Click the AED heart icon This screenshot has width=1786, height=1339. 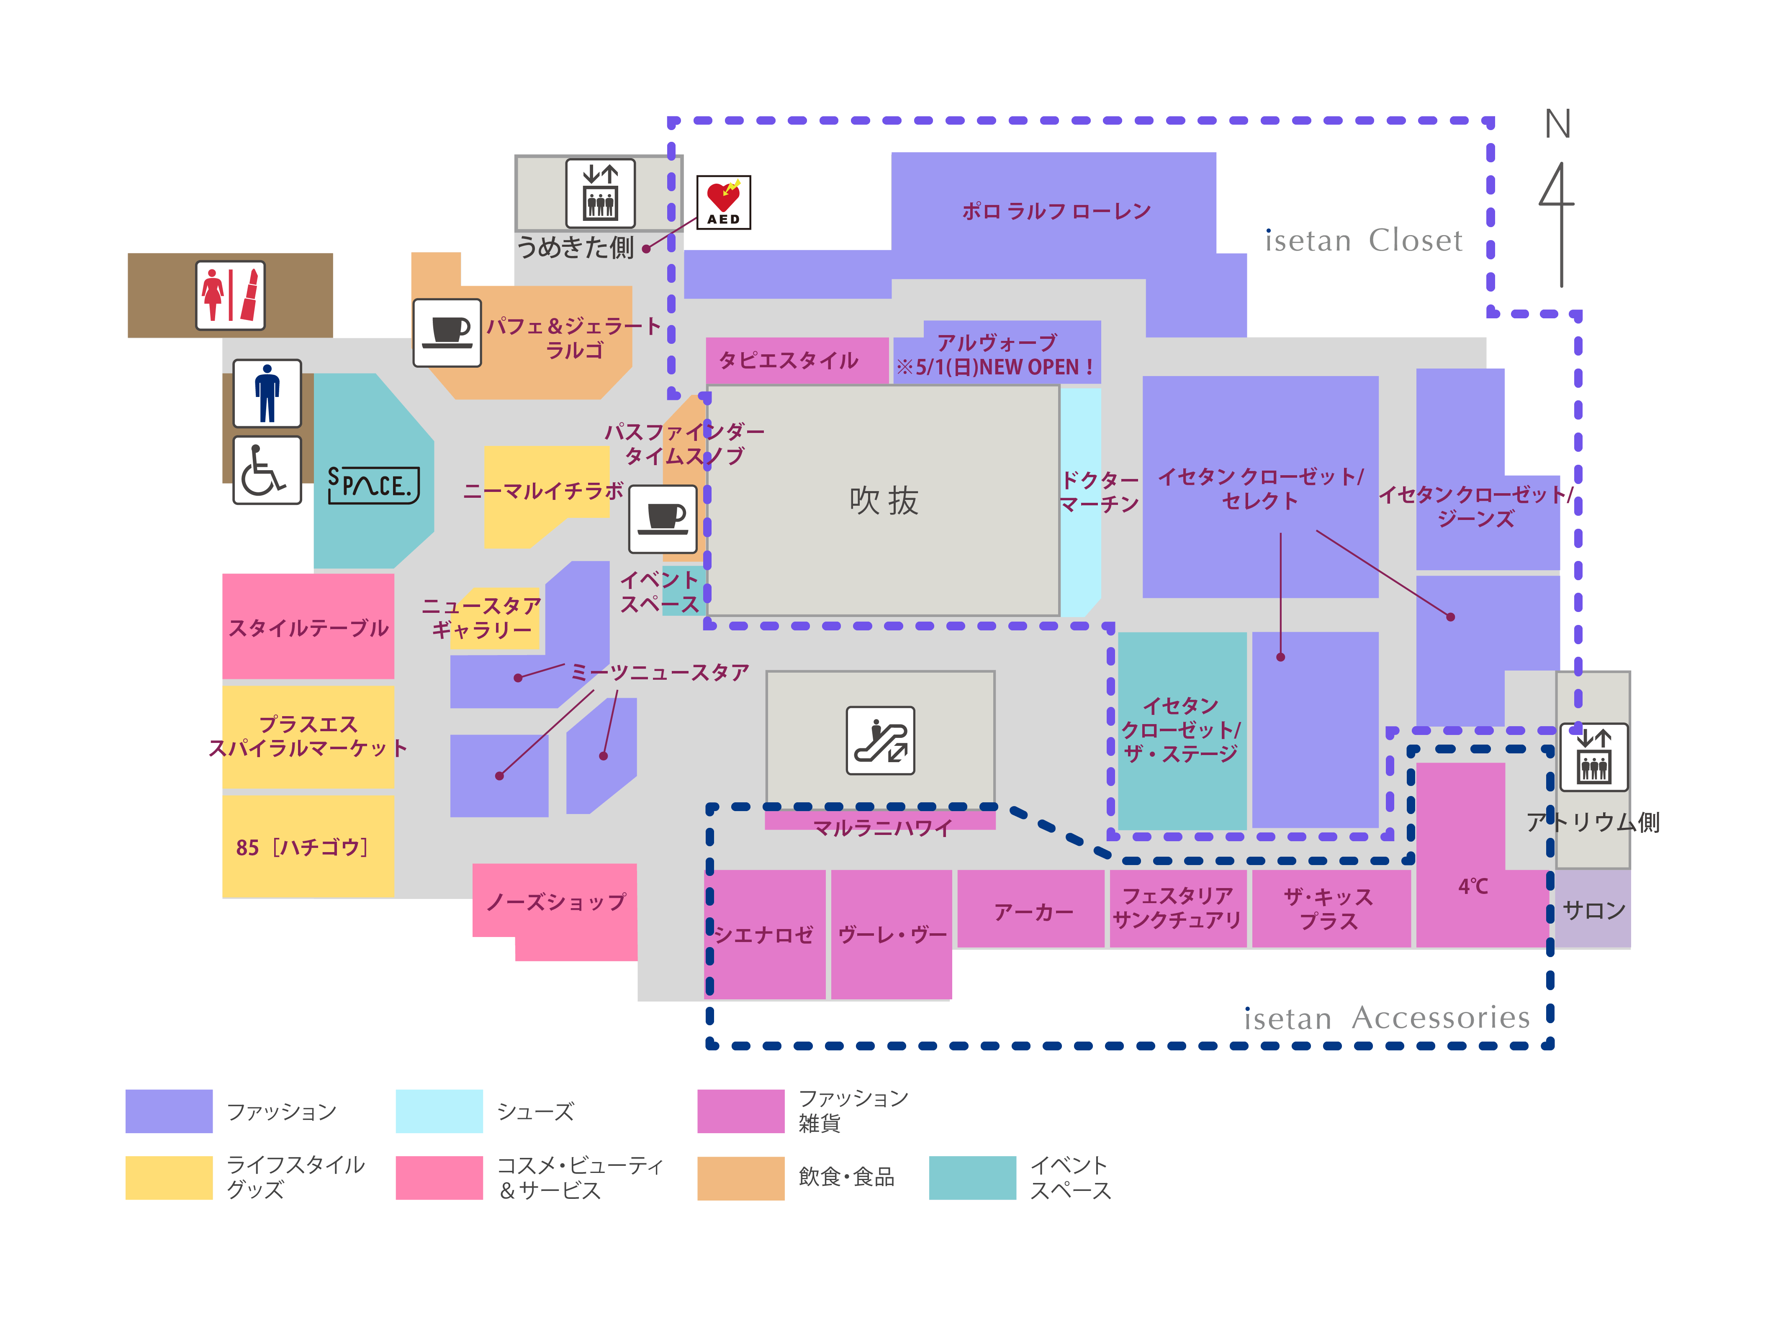tap(723, 202)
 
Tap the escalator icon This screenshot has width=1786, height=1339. tap(880, 740)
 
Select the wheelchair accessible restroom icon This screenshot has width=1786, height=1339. tap(267, 471)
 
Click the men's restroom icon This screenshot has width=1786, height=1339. tap(267, 393)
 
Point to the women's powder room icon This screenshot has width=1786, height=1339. tap(230, 295)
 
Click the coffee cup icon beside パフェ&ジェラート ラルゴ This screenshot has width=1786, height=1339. tap(447, 333)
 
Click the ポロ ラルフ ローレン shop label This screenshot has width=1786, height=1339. tap(1056, 212)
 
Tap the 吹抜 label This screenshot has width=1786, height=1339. tap(884, 500)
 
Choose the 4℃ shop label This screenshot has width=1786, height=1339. tap(1473, 886)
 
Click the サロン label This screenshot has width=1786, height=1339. tap(1594, 910)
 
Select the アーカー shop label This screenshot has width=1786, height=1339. tap(1033, 912)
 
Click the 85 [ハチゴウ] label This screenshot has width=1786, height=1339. tap(302, 847)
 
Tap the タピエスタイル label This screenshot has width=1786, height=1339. tap(788, 360)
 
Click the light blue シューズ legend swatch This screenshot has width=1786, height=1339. tap(439, 1111)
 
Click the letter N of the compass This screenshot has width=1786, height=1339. tap(1557, 124)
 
